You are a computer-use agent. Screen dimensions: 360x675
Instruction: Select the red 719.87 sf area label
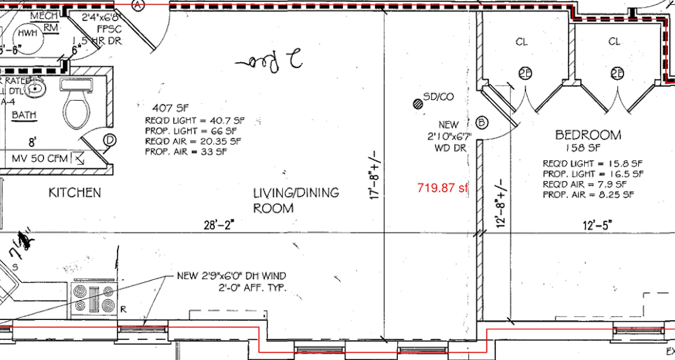click(443, 188)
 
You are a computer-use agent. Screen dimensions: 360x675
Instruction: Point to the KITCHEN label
click(75, 193)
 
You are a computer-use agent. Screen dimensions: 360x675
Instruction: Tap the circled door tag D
click(109, 140)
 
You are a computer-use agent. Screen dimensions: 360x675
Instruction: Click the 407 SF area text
click(170, 108)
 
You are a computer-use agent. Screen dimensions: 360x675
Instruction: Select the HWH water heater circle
click(28, 33)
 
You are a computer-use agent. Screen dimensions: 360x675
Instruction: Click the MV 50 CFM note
click(41, 158)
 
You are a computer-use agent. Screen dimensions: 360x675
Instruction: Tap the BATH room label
click(24, 115)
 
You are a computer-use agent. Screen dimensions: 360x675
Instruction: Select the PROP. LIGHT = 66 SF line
click(190, 131)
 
